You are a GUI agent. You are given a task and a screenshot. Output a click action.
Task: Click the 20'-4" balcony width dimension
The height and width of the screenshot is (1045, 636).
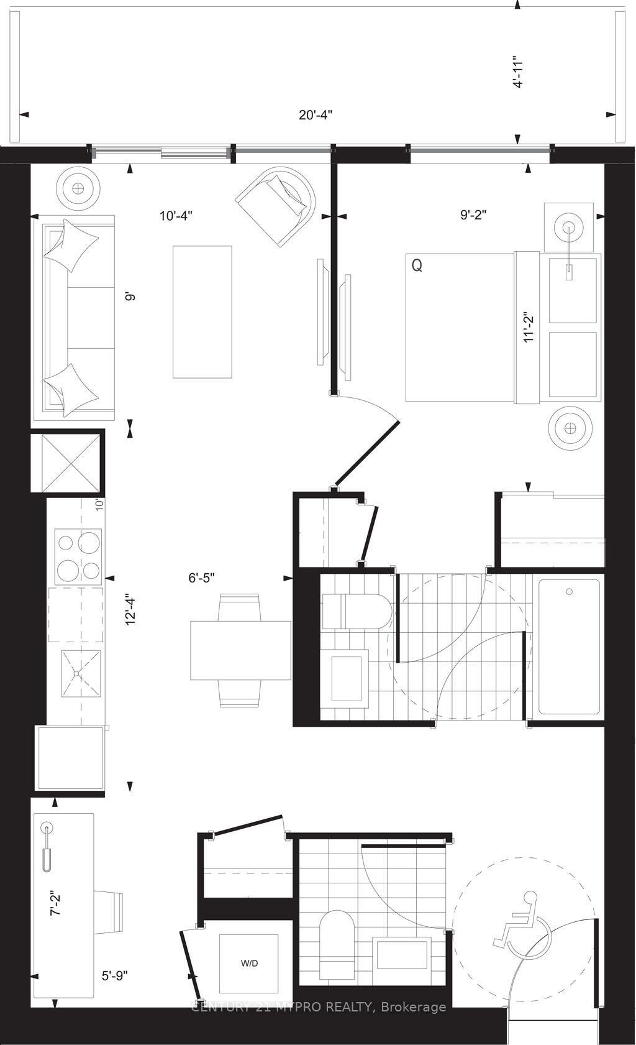[316, 114]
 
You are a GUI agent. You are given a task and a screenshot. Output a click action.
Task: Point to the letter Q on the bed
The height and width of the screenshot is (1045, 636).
[417, 265]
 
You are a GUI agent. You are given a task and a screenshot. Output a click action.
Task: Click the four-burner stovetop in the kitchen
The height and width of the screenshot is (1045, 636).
[78, 556]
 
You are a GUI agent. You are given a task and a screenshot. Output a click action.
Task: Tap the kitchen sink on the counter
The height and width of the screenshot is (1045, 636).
[78, 673]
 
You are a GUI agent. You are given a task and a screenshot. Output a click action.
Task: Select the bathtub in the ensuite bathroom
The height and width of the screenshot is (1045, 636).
[569, 647]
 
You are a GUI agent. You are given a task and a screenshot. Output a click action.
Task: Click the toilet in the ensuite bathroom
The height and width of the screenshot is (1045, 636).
[355, 610]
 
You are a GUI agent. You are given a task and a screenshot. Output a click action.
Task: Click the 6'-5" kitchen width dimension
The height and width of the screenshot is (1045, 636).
[201, 578]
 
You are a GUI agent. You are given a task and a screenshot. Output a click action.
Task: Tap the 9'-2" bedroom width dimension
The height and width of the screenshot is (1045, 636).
[473, 215]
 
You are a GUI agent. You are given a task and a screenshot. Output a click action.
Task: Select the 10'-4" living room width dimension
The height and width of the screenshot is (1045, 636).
[176, 216]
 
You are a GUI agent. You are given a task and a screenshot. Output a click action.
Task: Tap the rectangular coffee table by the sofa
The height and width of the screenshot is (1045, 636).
[202, 311]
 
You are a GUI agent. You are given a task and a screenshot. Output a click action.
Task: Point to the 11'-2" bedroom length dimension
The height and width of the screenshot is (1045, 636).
[529, 326]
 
